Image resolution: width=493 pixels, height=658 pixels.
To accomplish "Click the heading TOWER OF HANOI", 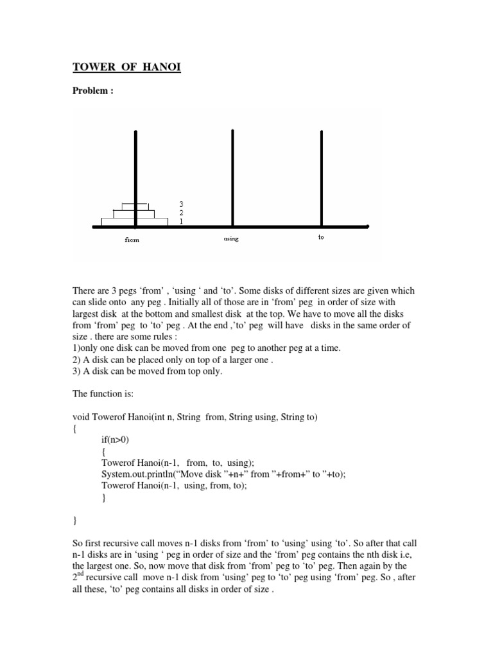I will pos(126,67).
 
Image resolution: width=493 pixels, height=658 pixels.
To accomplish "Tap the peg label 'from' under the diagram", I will pos(132,240).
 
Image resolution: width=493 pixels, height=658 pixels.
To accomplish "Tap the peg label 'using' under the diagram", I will pos(230,238).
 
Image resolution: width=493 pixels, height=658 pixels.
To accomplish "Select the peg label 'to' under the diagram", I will pos(321,237).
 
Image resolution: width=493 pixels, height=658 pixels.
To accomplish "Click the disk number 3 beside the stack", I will pos(182,204).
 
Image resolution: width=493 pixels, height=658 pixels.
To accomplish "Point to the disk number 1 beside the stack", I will pos(182,220).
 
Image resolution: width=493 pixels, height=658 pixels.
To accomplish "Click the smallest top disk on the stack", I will pos(135,206).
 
